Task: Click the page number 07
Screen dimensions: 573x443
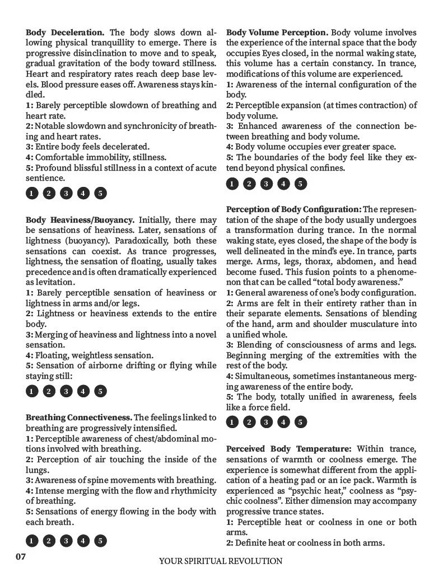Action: pos(20,557)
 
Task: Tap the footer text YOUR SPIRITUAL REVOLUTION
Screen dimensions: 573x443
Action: pos(221,561)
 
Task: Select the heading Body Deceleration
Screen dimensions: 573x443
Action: pos(65,33)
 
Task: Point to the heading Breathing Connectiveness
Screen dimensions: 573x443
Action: pos(78,417)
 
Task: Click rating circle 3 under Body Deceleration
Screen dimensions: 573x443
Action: pos(66,194)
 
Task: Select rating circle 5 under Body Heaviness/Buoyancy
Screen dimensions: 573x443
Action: pos(100,391)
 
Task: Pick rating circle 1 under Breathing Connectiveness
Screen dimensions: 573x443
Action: pos(32,541)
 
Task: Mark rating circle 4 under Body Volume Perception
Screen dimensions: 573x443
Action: pos(283,184)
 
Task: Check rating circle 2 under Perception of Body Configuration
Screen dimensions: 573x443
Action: pos(249,422)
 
